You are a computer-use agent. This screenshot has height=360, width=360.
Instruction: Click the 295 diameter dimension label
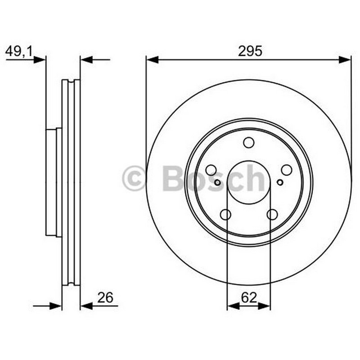tap(250, 51)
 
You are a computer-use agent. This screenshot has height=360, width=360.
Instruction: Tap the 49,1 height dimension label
tap(19, 51)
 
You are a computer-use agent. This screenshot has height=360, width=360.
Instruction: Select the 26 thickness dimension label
tap(105, 297)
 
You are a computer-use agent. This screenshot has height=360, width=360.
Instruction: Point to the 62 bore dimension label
tap(249, 298)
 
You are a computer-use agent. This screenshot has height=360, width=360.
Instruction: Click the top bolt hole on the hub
tap(249, 143)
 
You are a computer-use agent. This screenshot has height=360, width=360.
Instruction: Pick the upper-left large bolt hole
tap(211, 170)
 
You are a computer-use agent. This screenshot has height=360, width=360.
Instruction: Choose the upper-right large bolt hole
tap(287, 170)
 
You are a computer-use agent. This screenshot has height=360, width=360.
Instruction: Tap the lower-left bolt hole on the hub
tap(225, 215)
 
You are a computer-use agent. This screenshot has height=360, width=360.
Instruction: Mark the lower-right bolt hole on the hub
tap(272, 215)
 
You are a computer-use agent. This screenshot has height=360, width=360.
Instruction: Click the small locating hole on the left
tap(217, 183)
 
